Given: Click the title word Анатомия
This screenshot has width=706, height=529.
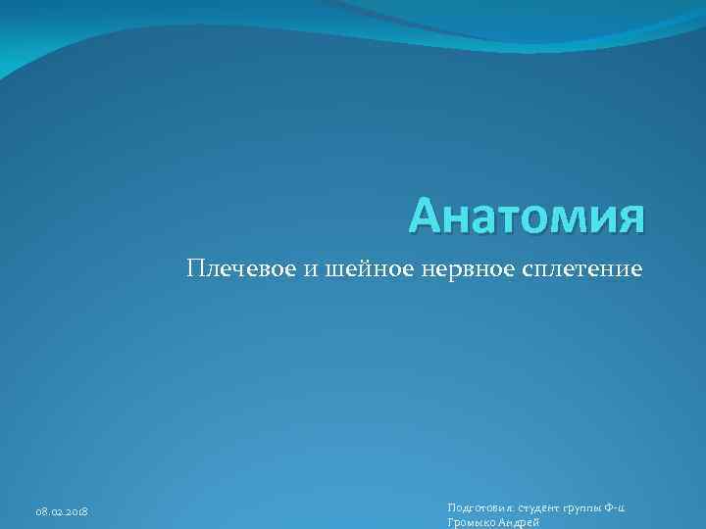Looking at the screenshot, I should pyautogui.click(x=528, y=216).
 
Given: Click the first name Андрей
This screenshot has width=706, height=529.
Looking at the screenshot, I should pyautogui.click(x=520, y=523).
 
